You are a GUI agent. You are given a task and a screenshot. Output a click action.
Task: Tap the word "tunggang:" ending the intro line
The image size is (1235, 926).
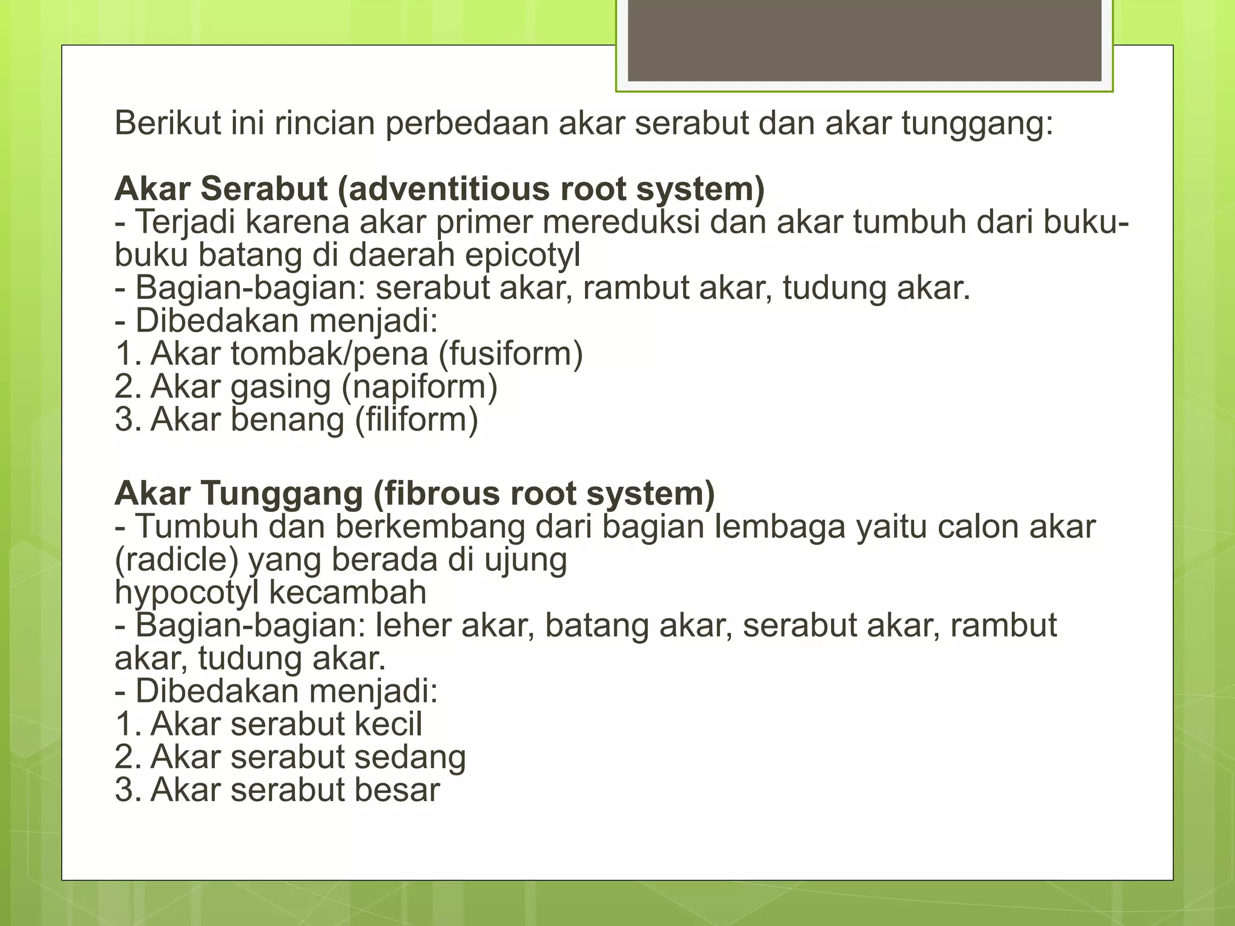977,124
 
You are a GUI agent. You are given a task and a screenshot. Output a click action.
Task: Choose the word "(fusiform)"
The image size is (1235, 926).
510,354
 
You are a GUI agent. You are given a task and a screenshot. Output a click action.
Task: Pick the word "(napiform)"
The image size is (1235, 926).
420,387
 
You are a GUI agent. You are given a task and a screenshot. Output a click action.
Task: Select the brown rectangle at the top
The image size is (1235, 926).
864,40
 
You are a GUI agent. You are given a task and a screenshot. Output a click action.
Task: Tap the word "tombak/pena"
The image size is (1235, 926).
329,354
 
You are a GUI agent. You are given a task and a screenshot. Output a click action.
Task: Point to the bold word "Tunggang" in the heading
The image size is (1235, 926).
282,494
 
